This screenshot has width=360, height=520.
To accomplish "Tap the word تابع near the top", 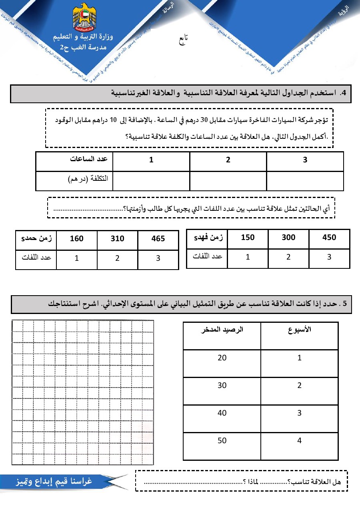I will point(182,39).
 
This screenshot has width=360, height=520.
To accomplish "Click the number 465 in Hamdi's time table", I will point(158,239).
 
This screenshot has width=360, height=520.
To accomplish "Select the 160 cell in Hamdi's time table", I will point(76,239).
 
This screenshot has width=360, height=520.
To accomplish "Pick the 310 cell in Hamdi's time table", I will point(117,239).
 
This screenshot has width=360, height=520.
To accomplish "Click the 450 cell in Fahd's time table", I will point(329,237).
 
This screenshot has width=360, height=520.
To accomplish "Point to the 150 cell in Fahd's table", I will point(248,237).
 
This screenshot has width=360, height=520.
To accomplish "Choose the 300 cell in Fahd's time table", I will point(288,237).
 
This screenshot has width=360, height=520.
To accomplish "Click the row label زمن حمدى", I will point(36,239).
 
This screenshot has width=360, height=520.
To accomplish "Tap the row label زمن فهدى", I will point(207,238).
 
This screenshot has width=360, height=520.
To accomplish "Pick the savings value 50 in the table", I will point(222,440).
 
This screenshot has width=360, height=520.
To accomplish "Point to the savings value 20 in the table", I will point(222,358).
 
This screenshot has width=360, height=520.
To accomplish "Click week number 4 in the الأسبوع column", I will point(299,440).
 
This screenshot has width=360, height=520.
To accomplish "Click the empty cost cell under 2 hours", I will point(228,181).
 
